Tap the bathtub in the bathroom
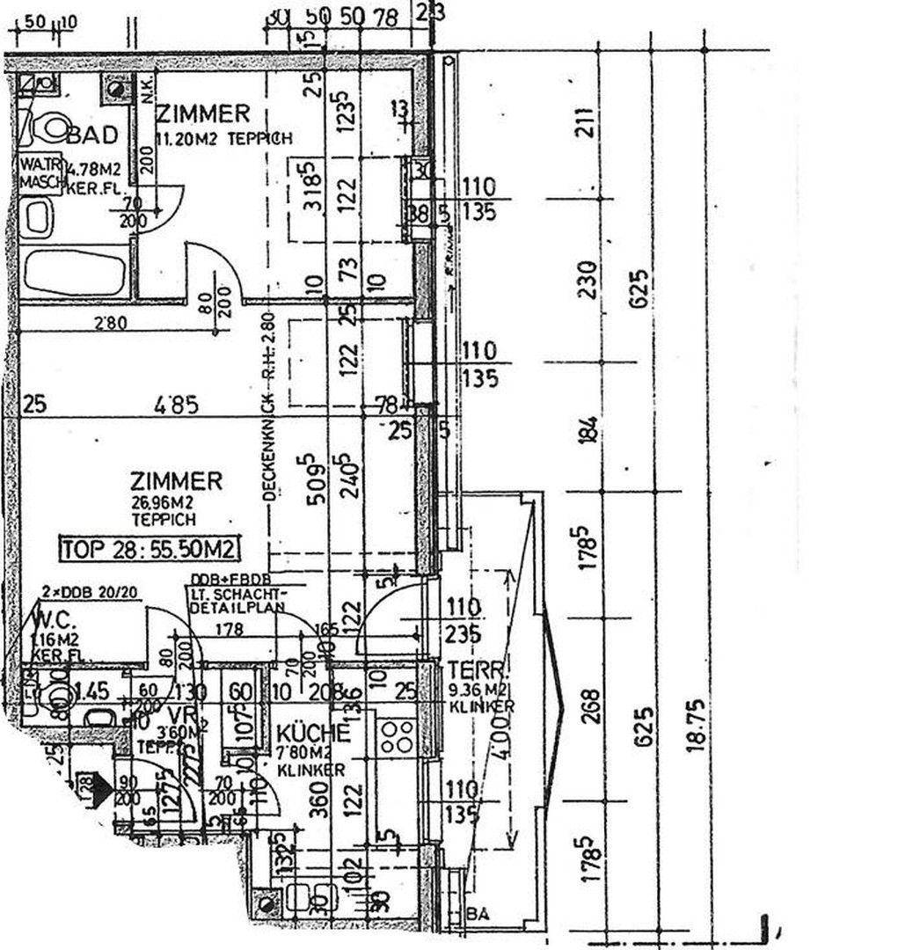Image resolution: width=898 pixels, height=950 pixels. tap(74, 272)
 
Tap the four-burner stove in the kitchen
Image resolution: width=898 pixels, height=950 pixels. tap(396, 734)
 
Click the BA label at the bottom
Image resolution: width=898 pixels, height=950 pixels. tap(479, 915)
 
